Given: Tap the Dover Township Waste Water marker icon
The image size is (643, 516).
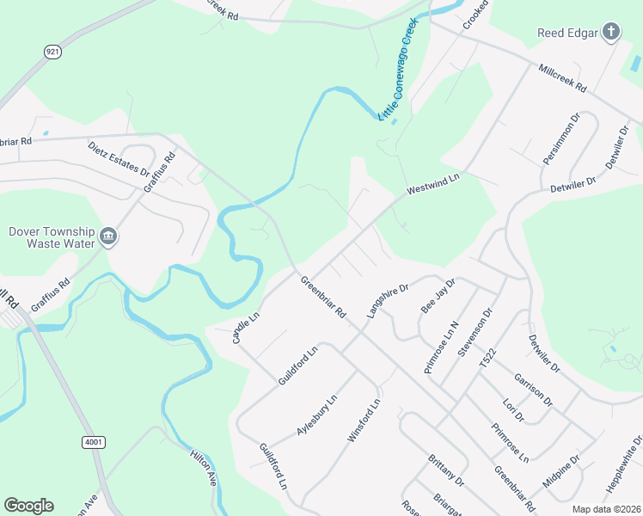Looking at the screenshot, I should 108,237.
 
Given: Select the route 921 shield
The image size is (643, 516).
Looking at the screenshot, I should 52,52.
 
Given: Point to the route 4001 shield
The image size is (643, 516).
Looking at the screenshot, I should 94,442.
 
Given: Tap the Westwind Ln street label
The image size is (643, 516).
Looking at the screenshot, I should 433,182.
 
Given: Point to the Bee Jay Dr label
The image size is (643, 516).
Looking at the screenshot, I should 438,294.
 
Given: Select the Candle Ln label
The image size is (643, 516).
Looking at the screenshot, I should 246,328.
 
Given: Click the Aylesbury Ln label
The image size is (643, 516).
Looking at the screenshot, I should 316,411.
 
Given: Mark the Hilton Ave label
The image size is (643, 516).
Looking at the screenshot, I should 204,468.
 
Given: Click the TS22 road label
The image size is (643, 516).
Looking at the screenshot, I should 487,359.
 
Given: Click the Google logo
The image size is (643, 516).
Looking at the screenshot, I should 28,506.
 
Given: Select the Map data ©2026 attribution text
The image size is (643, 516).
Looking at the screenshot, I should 605,509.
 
